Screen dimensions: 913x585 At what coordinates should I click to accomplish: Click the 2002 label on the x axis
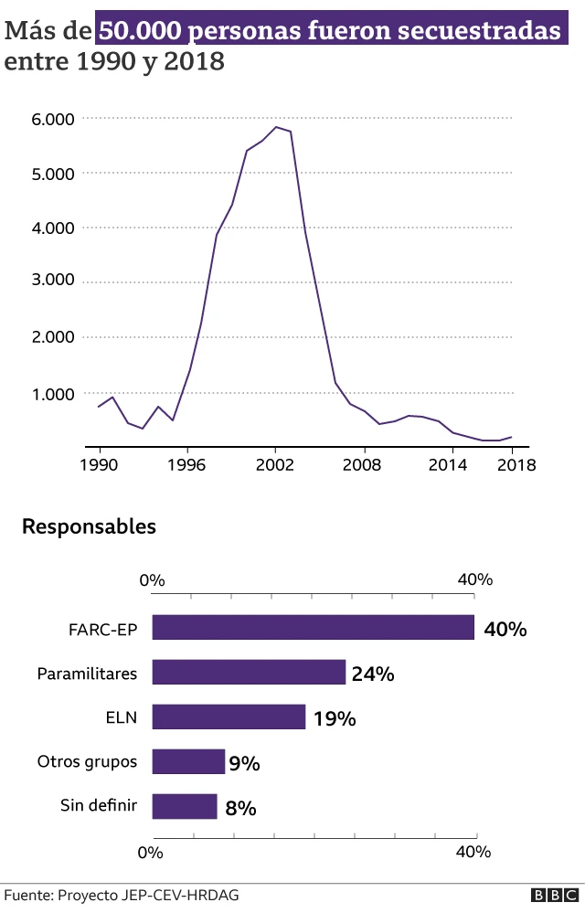(x=275, y=464)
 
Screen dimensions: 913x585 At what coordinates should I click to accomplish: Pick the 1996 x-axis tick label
(x=186, y=464)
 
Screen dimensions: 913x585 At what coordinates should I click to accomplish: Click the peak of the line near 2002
(x=276, y=127)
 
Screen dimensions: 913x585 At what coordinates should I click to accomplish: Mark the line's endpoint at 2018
(x=511, y=437)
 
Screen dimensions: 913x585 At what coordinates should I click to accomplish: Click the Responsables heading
(x=90, y=527)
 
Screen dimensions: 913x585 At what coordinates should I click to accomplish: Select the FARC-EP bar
(x=313, y=627)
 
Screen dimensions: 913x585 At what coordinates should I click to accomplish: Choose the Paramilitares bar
(x=249, y=672)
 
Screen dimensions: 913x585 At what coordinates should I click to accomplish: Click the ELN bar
(x=229, y=717)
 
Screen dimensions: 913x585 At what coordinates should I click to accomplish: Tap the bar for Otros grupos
(x=188, y=761)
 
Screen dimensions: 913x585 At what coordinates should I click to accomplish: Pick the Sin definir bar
(x=185, y=806)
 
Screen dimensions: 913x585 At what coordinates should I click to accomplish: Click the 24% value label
(x=373, y=674)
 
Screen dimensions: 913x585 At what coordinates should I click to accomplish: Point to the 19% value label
(x=335, y=718)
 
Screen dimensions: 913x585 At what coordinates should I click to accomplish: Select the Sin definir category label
(x=99, y=805)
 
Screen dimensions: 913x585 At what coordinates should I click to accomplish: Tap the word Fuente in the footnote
(x=27, y=896)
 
